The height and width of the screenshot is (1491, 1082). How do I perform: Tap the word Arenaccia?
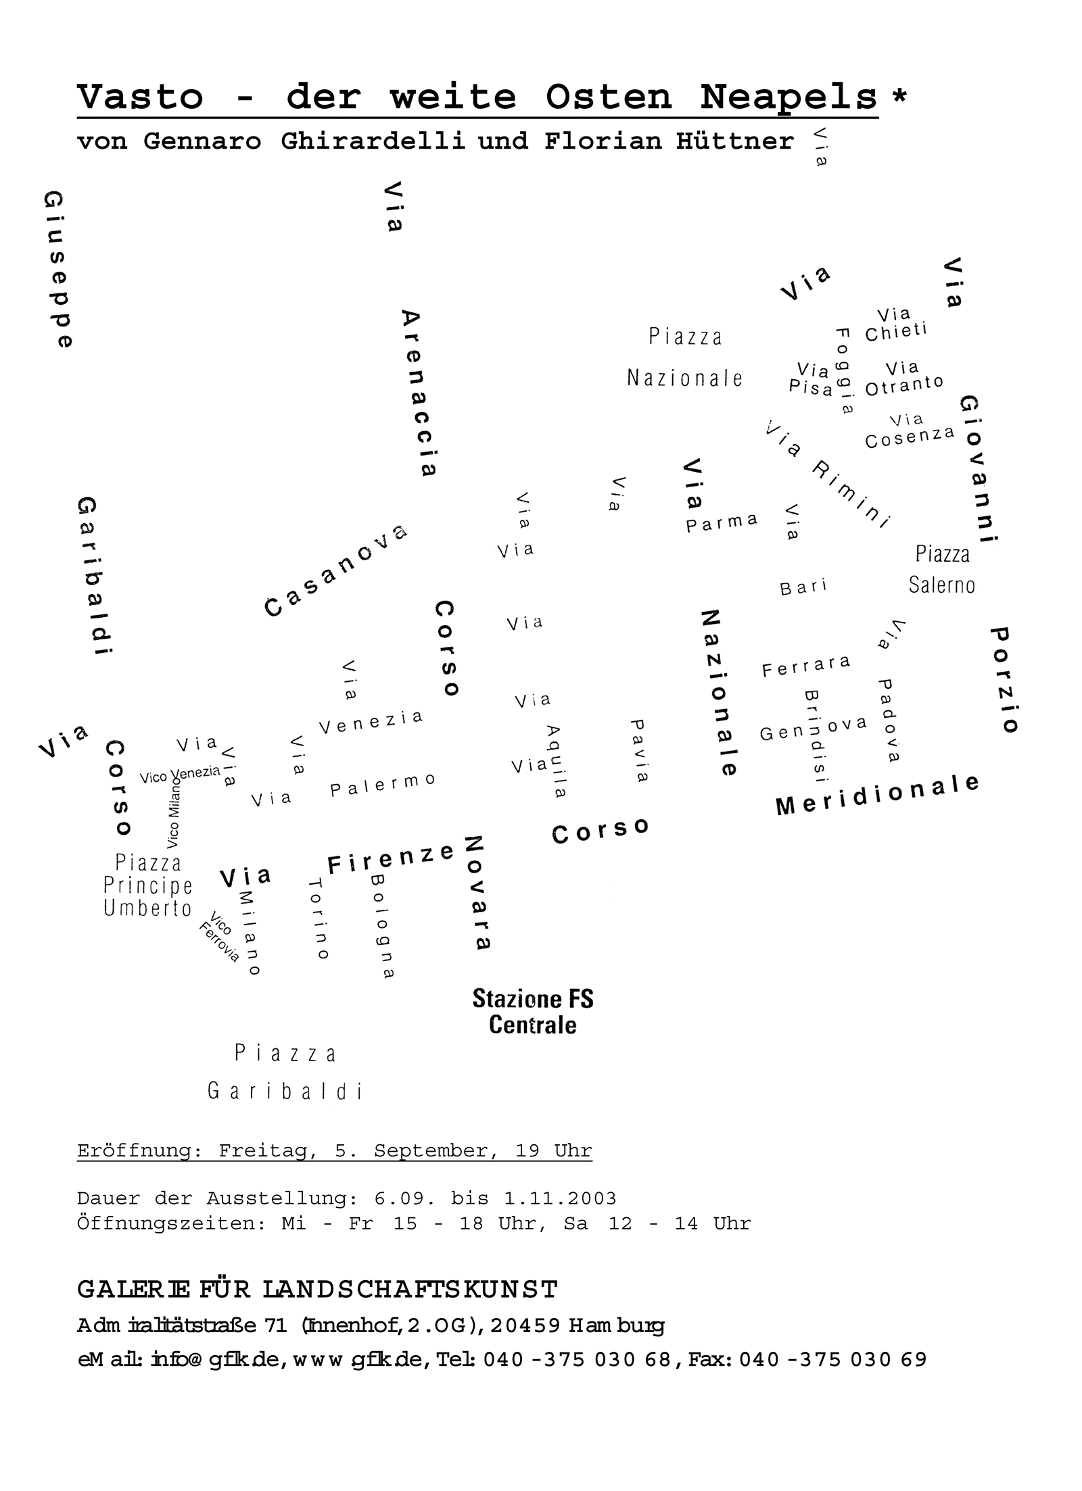pyautogui.click(x=419, y=393)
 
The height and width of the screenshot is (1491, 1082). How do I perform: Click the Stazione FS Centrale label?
pyautogui.click(x=533, y=1011)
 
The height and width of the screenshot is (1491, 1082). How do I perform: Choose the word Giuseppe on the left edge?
pyautogui.click(x=59, y=270)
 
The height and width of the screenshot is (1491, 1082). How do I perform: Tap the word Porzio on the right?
pyautogui.click(x=1004, y=680)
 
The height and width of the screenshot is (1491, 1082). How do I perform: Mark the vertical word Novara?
pyautogui.click(x=477, y=893)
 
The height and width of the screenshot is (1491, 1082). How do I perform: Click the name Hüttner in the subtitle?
pyautogui.click(x=735, y=141)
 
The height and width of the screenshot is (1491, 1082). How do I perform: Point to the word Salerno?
pyautogui.click(x=942, y=585)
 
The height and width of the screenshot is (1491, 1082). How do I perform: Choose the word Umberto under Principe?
pyautogui.click(x=148, y=908)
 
